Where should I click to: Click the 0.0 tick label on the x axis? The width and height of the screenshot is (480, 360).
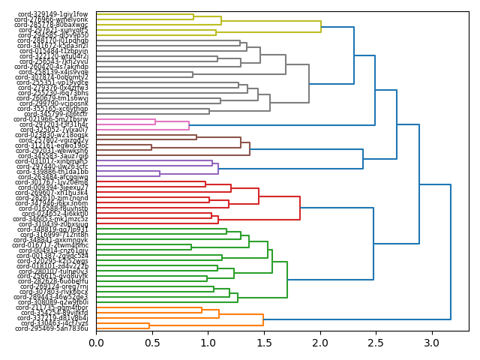tap(96, 343)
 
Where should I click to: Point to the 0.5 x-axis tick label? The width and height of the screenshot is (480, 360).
tap(152, 343)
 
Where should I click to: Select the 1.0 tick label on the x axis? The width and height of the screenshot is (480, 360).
tap(208, 343)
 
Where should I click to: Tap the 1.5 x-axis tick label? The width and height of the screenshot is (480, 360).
tap(264, 343)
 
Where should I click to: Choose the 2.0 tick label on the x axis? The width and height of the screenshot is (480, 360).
tap(320, 343)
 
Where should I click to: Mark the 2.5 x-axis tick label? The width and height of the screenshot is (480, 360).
tap(376, 343)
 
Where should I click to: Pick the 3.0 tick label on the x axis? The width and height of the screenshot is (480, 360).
tap(432, 343)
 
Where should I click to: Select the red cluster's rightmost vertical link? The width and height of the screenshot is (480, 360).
tap(300, 197)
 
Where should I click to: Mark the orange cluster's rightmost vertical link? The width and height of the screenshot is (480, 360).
tap(263, 319)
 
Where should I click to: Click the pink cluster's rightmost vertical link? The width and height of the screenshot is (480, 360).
tap(189, 124)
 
